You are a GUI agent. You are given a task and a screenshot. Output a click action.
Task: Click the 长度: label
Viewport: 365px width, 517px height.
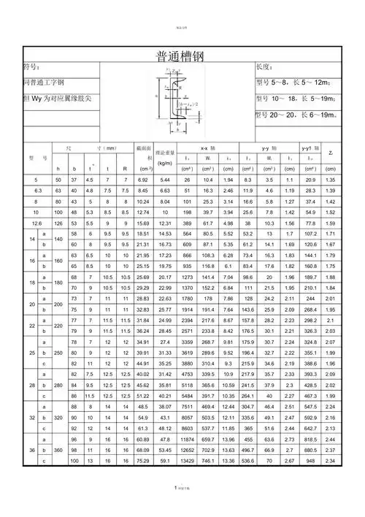[x=266, y=67]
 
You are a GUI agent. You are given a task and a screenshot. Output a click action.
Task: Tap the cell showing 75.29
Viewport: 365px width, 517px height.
[x=142, y=462]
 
